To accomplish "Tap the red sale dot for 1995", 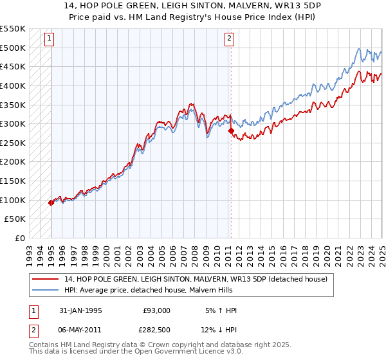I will point(51,203).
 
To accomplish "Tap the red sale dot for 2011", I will point(230,130).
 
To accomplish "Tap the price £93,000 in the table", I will point(157,310).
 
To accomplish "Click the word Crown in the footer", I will point(159,346).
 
